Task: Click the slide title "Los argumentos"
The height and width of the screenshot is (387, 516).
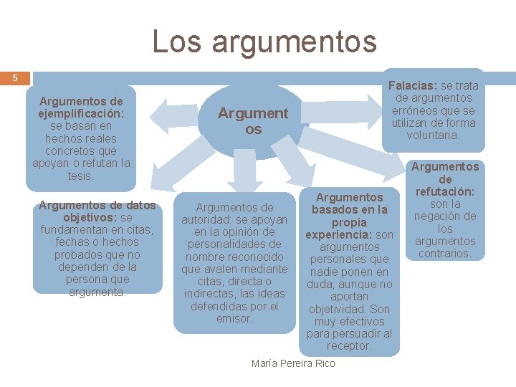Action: click(x=264, y=41)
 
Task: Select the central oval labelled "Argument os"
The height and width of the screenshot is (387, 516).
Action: click(x=252, y=121)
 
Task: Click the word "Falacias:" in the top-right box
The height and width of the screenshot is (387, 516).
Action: click(x=413, y=86)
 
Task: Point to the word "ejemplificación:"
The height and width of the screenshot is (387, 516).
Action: click(x=81, y=113)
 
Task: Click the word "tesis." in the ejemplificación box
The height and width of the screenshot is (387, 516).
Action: click(x=81, y=176)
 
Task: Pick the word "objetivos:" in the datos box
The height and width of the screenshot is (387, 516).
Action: click(x=90, y=217)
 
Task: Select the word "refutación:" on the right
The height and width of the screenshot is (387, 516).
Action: click(x=445, y=191)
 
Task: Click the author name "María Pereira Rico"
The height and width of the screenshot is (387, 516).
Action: click(x=293, y=363)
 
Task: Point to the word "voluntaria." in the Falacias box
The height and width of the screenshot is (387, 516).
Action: click(x=433, y=135)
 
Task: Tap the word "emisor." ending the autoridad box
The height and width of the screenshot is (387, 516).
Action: click(x=234, y=318)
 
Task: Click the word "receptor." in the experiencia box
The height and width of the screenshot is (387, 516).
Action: click(x=349, y=345)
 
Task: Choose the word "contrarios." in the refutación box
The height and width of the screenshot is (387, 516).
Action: click(x=445, y=253)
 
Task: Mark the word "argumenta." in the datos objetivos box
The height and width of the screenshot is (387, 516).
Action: click(x=97, y=292)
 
